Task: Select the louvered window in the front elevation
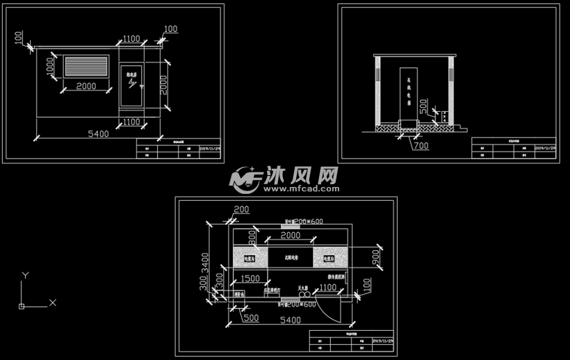(x=87, y=67)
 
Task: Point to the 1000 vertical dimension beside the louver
(x=51, y=67)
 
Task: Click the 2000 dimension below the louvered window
(x=86, y=86)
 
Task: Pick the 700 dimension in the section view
(x=421, y=145)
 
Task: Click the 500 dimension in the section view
(x=443, y=115)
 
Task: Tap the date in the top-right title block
(x=544, y=148)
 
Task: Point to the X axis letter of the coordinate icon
(x=52, y=303)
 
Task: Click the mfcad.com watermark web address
(x=300, y=188)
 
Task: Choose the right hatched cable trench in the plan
(x=331, y=256)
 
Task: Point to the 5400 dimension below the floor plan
(x=290, y=320)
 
